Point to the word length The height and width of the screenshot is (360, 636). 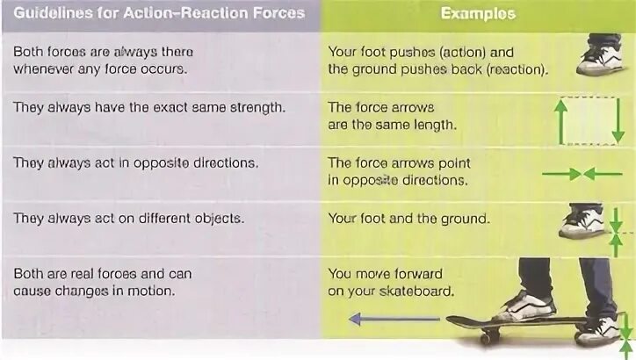436,125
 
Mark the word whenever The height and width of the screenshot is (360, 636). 45,69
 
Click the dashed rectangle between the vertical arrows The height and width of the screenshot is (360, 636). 588,120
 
